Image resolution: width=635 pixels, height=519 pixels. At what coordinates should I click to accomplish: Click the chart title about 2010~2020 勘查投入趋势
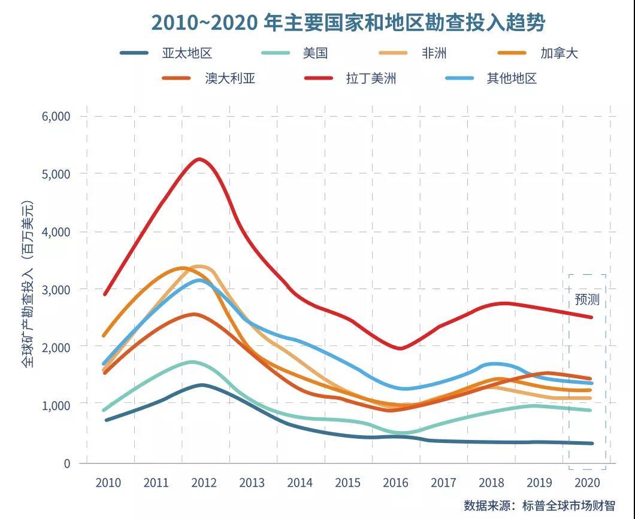click(x=348, y=23)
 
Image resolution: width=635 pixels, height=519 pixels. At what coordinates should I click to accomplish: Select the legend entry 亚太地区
click(x=187, y=53)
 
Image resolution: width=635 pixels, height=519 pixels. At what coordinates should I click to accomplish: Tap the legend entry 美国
click(x=315, y=53)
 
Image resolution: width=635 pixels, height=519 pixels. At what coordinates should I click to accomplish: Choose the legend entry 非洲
click(x=434, y=53)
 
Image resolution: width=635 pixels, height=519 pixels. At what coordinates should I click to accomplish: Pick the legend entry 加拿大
click(x=558, y=53)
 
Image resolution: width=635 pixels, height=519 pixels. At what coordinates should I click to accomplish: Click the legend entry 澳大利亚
click(x=230, y=78)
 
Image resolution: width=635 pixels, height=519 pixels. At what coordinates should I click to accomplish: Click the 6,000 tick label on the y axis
click(x=56, y=116)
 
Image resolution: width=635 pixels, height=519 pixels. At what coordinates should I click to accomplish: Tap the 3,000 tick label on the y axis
click(x=56, y=290)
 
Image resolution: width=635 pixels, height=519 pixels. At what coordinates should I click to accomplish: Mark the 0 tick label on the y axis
click(x=66, y=463)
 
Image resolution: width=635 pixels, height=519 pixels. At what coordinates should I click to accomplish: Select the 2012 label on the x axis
click(x=204, y=482)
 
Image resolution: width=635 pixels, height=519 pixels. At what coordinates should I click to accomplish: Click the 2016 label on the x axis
click(x=395, y=482)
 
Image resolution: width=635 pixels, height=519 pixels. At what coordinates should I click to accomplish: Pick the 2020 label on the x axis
click(x=587, y=482)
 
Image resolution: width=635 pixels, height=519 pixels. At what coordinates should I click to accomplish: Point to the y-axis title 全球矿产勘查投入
click(x=29, y=284)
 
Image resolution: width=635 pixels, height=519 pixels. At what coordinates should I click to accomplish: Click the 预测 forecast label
click(x=587, y=299)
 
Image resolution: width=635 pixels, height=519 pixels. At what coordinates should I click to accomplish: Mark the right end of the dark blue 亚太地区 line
click(x=592, y=444)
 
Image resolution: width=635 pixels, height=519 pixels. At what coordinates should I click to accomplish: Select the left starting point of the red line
click(x=105, y=295)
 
